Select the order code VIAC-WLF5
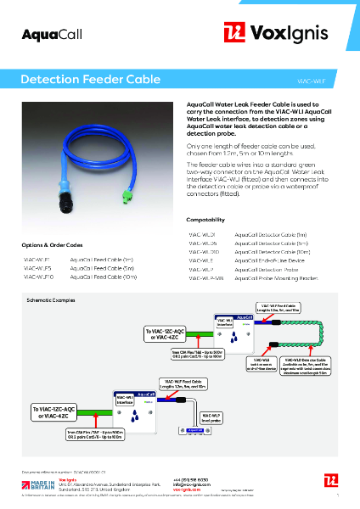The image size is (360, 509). pos(37,266)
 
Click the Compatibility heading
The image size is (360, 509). pos(206,219)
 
